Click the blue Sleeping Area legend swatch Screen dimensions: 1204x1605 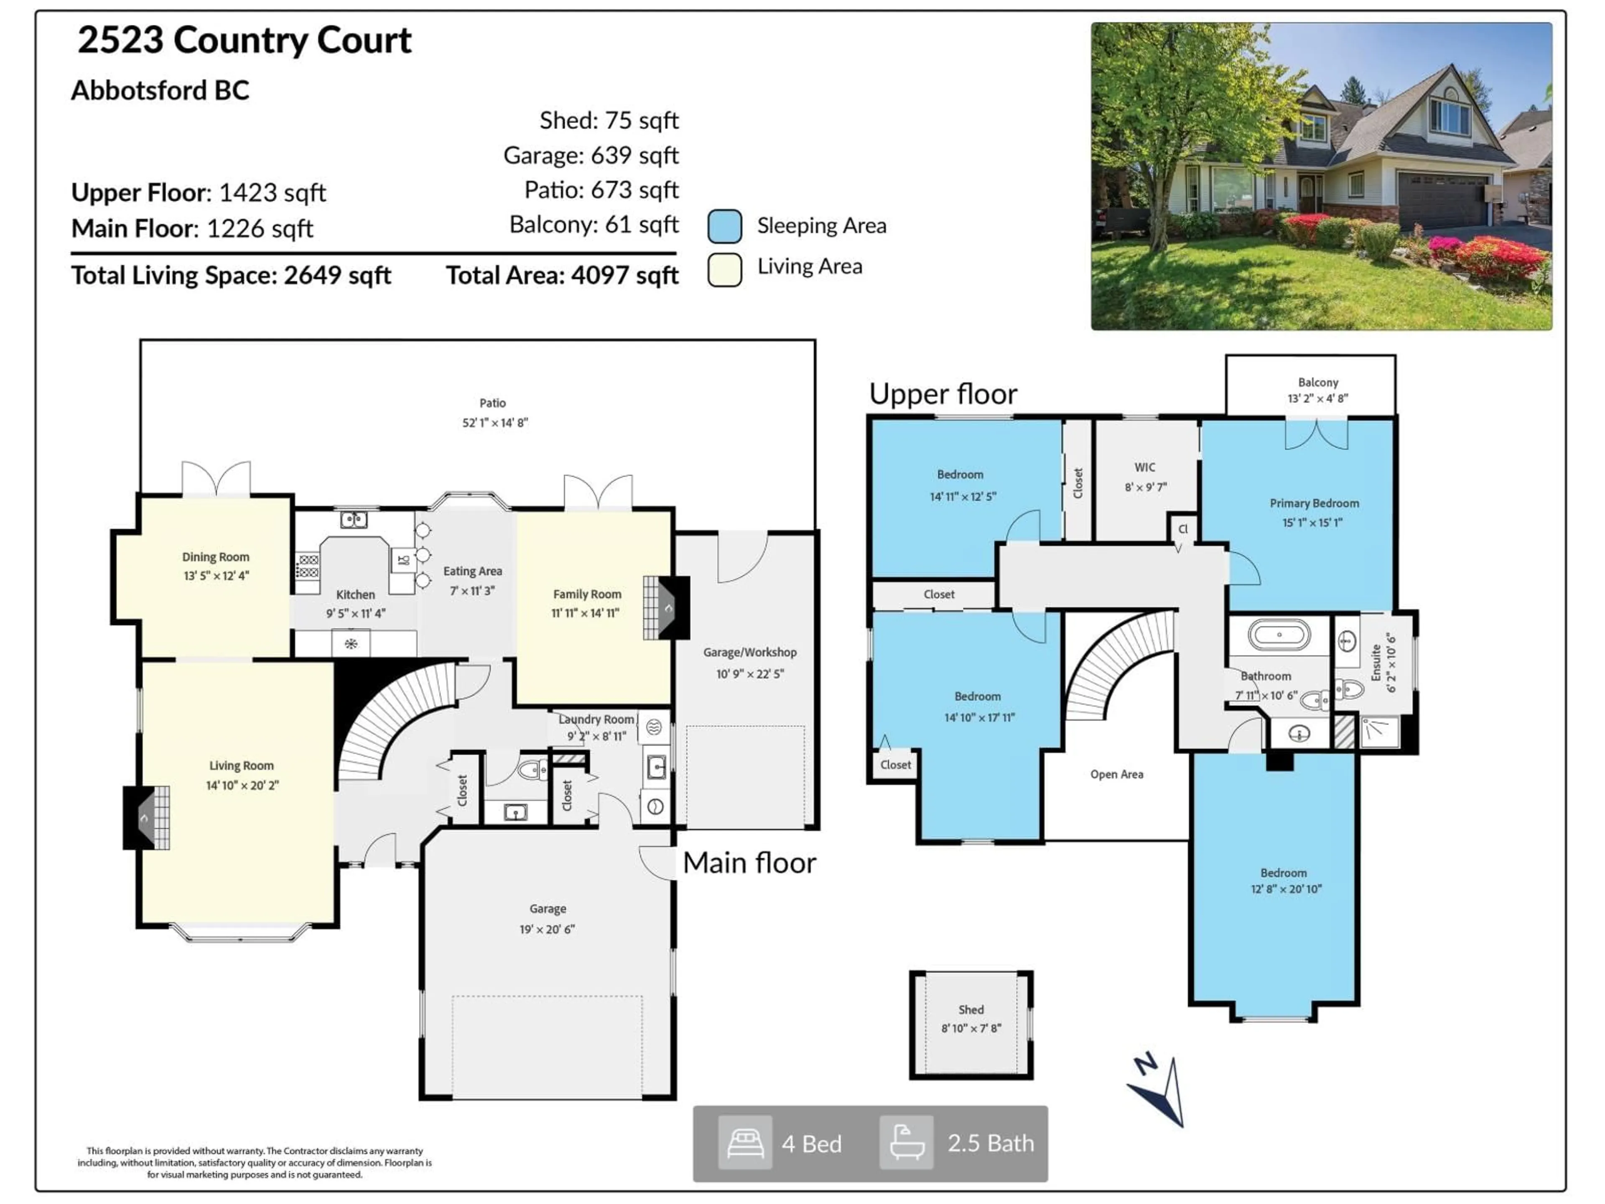724,226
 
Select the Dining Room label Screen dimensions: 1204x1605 216,557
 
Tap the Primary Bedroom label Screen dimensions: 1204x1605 1314,503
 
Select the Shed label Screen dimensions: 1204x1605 971,1010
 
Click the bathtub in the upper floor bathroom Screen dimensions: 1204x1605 1279,634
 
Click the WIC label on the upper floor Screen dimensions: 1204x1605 1145,467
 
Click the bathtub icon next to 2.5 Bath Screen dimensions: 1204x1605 906,1143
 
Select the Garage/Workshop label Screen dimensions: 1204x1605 749,653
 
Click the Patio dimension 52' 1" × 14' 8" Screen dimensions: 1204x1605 495,422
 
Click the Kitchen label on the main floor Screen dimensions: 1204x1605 356,594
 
